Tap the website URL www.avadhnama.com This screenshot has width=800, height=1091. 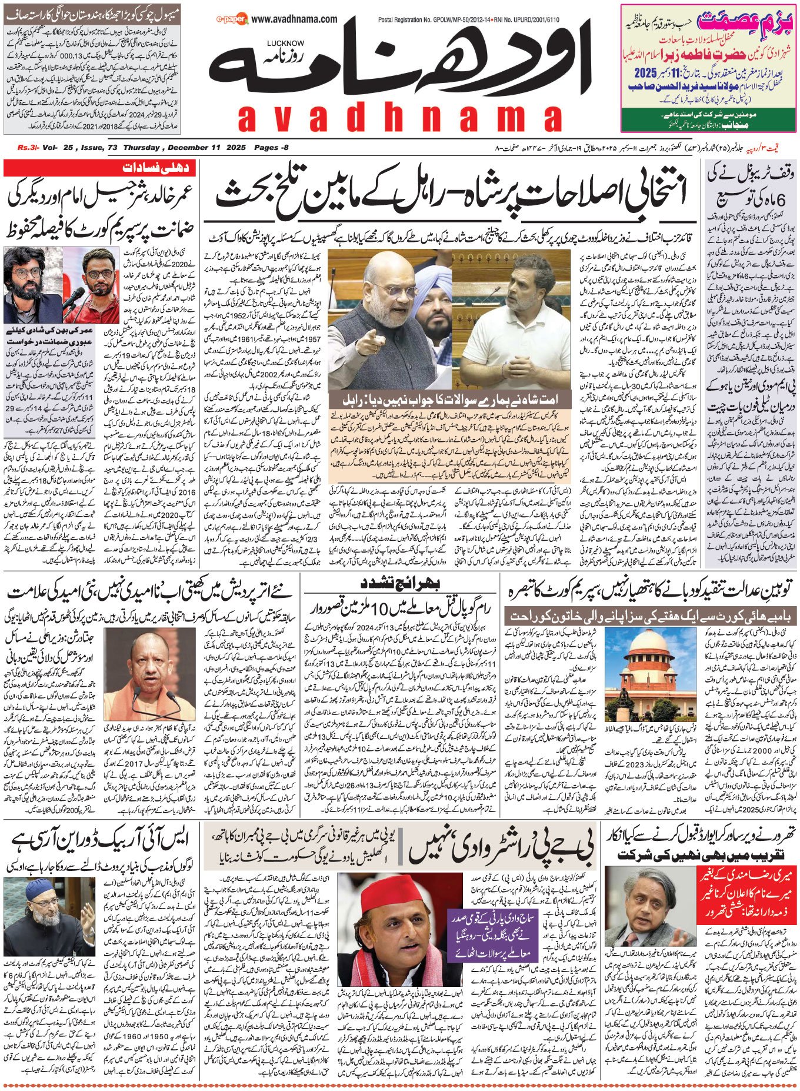294,19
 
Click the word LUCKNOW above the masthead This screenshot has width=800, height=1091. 285,43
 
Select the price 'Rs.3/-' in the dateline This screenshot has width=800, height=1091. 27,148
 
